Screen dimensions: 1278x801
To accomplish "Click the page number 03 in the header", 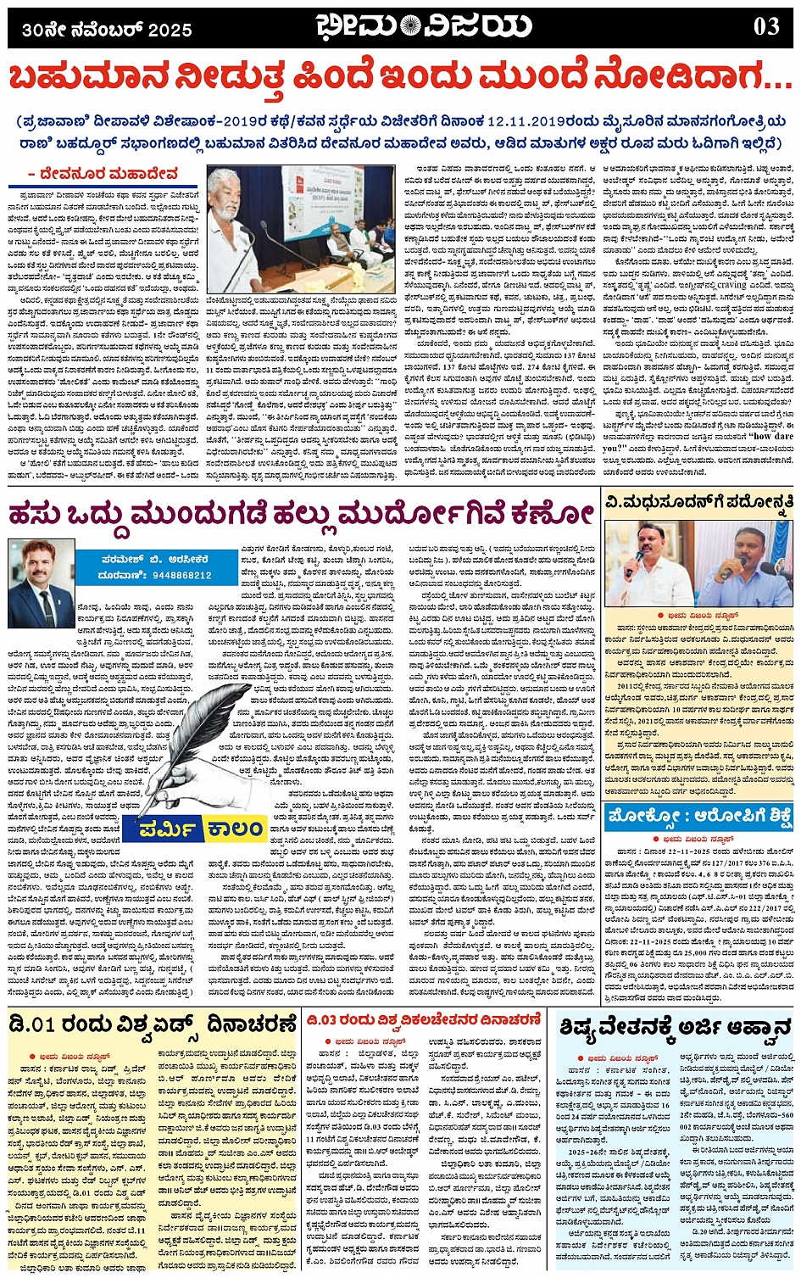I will pyautogui.click(x=765, y=27).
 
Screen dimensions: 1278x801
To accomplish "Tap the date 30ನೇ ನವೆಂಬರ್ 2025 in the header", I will pyautogui.click(x=108, y=31).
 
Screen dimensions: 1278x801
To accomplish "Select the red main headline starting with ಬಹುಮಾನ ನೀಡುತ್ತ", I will pyautogui.click(x=399, y=81).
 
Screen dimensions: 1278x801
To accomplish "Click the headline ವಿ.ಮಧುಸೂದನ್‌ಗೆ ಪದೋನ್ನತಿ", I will pyautogui.click(x=699, y=502).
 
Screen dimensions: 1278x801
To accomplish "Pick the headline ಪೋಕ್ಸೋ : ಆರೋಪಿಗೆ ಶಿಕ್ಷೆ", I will pyautogui.click(x=700, y=818).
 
